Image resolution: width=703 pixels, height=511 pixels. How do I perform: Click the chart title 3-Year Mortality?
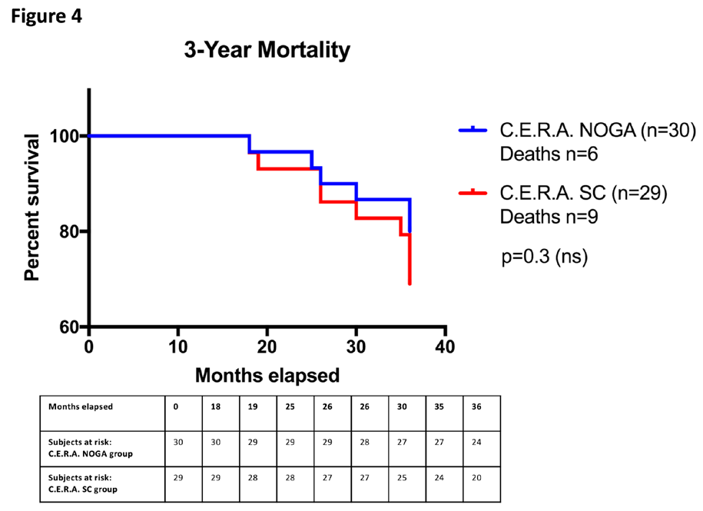(x=267, y=51)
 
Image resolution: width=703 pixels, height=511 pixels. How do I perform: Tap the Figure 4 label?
(x=46, y=15)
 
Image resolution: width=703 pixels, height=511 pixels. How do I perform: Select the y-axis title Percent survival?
(x=32, y=207)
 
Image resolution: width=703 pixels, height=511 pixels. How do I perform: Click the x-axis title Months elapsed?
(x=267, y=376)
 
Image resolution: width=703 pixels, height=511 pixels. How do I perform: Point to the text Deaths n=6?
(x=549, y=154)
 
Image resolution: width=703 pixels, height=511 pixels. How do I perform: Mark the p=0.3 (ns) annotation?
(x=544, y=256)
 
